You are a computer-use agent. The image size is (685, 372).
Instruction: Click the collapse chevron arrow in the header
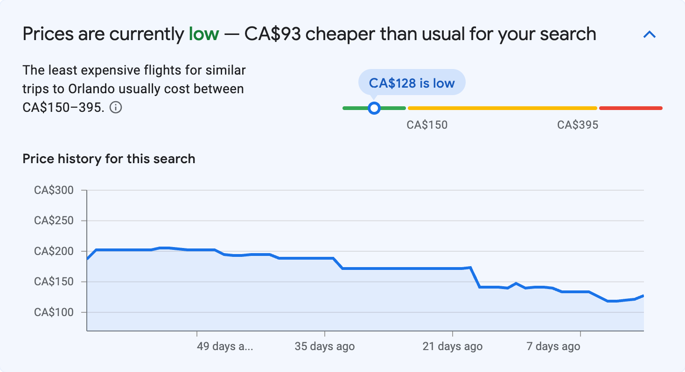point(650,34)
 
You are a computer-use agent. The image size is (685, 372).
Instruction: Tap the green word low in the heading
point(203,34)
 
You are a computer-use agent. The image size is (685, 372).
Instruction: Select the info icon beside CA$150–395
point(116,108)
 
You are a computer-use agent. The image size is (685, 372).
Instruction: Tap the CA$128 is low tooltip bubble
point(412,83)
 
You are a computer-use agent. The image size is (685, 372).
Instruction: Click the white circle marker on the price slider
point(374,108)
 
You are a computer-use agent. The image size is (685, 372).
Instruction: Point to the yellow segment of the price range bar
point(502,108)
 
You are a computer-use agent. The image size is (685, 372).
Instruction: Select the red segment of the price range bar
point(630,108)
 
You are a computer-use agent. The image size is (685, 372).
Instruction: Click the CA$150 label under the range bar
point(427,125)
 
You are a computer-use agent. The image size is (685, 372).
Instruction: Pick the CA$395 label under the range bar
point(578,125)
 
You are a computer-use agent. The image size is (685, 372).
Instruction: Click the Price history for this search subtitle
point(109,159)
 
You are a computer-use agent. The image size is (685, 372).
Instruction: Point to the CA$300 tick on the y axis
point(54,190)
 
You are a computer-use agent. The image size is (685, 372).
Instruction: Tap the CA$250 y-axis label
point(54,220)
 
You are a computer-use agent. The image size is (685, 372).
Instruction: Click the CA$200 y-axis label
point(54,251)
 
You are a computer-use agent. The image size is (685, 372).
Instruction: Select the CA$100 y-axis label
point(54,312)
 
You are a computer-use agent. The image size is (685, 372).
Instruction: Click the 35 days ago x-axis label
point(324,347)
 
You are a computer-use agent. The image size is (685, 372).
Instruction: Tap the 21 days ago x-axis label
point(452,347)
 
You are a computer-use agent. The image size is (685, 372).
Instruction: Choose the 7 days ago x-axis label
point(553,347)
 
